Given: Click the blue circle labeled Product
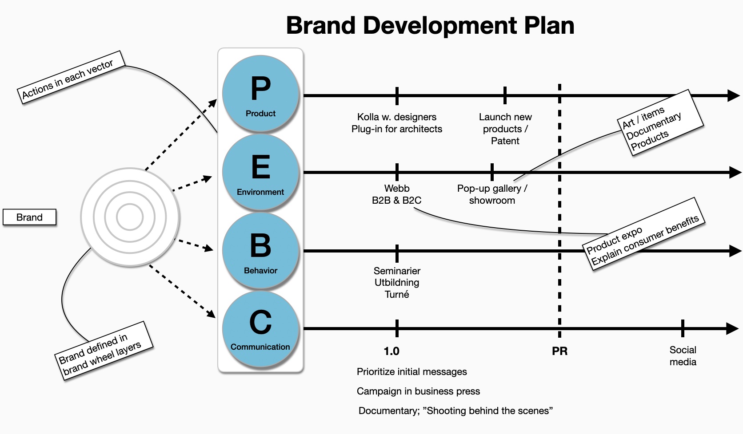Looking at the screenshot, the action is [x=261, y=94].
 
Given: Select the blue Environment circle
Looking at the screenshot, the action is [x=261, y=172].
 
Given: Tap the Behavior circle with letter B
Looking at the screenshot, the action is [x=261, y=251].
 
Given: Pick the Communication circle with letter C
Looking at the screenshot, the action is [x=261, y=329].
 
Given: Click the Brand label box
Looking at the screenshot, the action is [x=29, y=217].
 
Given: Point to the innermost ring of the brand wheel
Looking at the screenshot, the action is [x=117, y=217].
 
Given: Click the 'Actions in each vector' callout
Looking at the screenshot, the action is [x=71, y=77].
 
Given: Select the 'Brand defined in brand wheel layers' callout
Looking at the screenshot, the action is [x=104, y=351].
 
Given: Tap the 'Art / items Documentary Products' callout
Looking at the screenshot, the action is [x=660, y=122].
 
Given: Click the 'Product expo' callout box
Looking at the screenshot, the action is [x=643, y=234].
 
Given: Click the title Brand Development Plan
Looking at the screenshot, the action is [x=430, y=25].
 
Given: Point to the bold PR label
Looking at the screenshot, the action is [x=559, y=351].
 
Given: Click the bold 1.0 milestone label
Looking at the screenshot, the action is [x=391, y=351].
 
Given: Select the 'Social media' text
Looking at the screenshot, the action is [x=683, y=356].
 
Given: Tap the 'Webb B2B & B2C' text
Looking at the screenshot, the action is [x=397, y=194].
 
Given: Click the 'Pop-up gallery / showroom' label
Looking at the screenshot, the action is [x=492, y=194].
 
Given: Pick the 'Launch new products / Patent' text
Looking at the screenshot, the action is [x=505, y=129].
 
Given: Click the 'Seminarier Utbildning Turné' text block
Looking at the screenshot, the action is [x=397, y=282].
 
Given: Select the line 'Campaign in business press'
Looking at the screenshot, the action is [x=418, y=391].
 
